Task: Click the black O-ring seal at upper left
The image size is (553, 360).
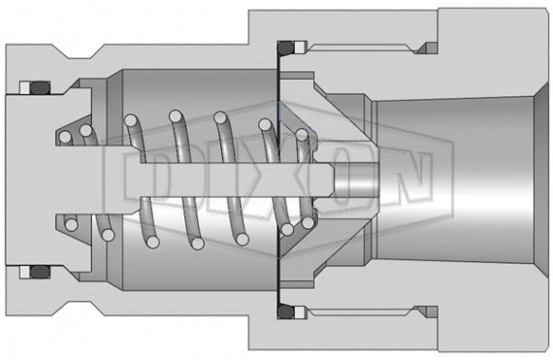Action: click(x=39, y=89)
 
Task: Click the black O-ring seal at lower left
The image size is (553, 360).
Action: click(x=39, y=270)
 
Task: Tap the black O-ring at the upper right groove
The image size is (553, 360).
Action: click(x=285, y=47)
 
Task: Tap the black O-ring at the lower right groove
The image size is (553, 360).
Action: click(x=285, y=312)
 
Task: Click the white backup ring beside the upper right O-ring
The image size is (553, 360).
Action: click(x=301, y=47)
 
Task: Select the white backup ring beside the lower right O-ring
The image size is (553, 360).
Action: click(x=301, y=312)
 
